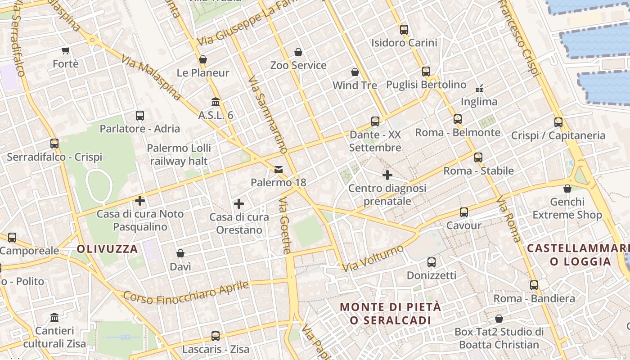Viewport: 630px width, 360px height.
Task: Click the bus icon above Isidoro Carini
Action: point(404,30)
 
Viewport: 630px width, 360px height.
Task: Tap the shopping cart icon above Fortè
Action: point(66,50)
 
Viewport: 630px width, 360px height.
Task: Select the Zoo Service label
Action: point(298,65)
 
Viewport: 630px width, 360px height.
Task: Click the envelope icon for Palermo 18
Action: point(279,170)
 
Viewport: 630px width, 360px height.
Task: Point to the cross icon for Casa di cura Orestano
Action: point(239,204)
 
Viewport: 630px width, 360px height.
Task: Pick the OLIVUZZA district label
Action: point(107,249)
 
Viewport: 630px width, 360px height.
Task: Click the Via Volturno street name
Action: point(373,258)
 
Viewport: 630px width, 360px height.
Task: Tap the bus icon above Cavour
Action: point(463,212)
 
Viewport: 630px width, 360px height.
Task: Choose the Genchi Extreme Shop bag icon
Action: point(567,189)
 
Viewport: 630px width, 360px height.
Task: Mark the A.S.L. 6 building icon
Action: point(216,102)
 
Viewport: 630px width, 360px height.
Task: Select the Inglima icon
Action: point(479,88)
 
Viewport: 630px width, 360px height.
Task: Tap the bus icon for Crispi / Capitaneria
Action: point(558,122)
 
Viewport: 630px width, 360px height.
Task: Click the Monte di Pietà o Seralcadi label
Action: point(390,314)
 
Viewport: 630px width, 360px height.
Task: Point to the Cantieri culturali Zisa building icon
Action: point(54,318)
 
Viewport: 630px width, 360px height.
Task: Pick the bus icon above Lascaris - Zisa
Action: point(216,336)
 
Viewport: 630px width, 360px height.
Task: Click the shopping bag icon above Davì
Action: point(180,253)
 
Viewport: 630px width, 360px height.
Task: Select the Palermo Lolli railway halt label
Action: point(179,154)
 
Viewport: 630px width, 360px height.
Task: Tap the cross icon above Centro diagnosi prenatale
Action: point(387,175)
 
